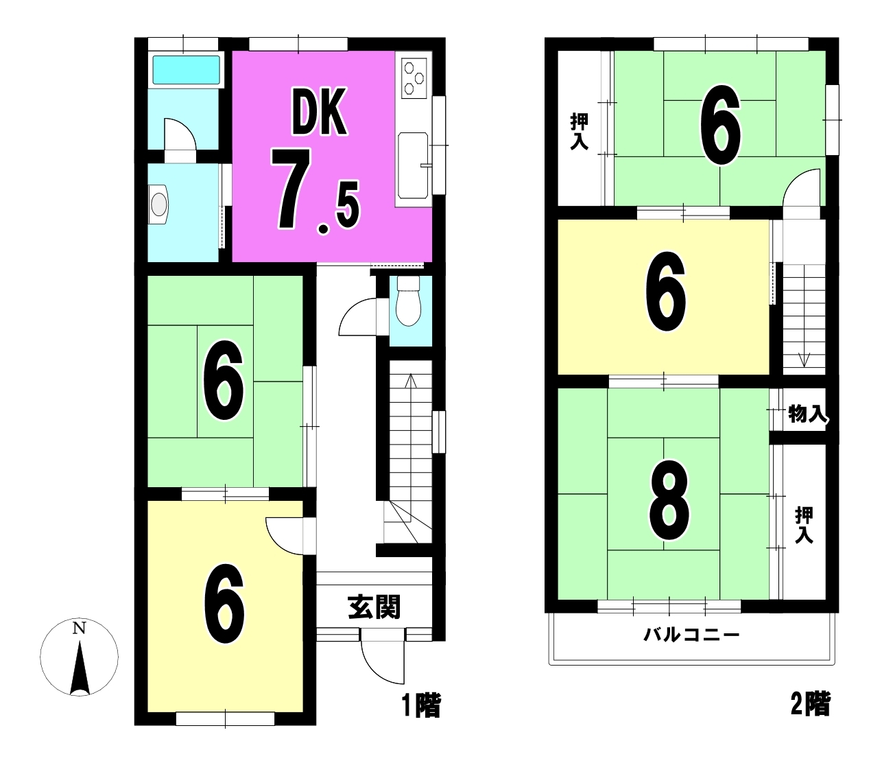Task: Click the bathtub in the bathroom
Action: pos(186,70)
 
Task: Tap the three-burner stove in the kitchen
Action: pos(414,78)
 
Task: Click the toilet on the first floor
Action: pos(408,301)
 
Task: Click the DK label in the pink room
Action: pos(319,113)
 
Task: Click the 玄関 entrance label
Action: pos(374,607)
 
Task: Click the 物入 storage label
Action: pos(807,414)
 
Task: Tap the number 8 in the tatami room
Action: pos(669,500)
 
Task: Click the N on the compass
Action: pos(79,628)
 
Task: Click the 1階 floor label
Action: pos(420,705)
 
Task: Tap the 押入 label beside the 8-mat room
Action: pos(804,525)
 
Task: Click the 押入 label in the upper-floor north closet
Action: pos(580,132)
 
